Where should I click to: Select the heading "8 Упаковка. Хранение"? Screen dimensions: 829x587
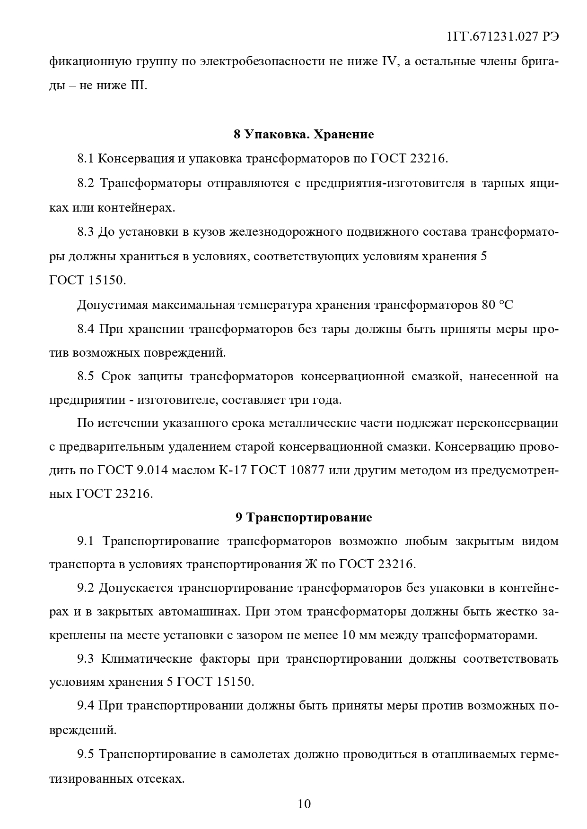[x=304, y=135]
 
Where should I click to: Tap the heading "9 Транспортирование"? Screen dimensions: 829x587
[x=304, y=517]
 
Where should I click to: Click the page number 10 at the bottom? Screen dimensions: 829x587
[x=304, y=803]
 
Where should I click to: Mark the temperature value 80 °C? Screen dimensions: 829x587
[x=497, y=305]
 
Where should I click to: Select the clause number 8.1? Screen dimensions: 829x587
[x=86, y=159]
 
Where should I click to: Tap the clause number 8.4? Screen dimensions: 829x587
[x=86, y=329]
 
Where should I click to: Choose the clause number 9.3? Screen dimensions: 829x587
[x=86, y=658]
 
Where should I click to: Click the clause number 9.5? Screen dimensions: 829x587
[x=86, y=754]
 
